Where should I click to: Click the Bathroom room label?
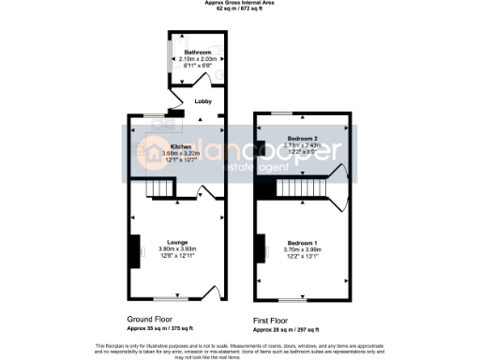pyautogui.click(x=197, y=52)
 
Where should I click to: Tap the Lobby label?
pyautogui.click(x=202, y=101)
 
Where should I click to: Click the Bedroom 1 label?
pyautogui.click(x=302, y=242)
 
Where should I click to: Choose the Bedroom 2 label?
pyautogui.click(x=302, y=139)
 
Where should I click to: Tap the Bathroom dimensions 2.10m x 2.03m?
pyautogui.click(x=197, y=59)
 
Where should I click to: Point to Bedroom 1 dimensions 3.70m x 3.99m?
pyautogui.click(x=302, y=249)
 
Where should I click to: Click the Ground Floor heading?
pyautogui.click(x=152, y=320)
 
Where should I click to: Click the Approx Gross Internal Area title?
pyautogui.click(x=239, y=3)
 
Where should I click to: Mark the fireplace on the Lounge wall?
pyautogui.click(x=135, y=246)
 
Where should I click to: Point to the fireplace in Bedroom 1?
pyautogui.click(x=260, y=247)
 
